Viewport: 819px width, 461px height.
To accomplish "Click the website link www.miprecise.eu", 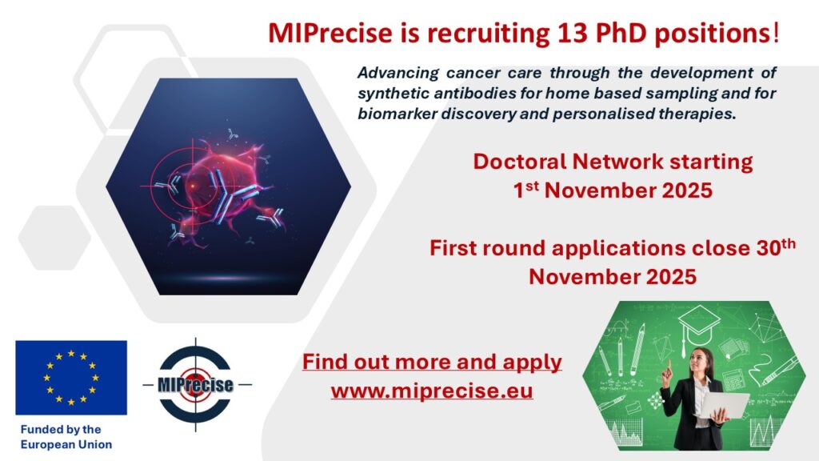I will click(432, 392).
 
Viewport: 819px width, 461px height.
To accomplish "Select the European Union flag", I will click(71, 377).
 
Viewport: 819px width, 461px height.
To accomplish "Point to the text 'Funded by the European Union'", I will click(66, 437).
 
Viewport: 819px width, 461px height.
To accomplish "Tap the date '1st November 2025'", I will click(612, 191).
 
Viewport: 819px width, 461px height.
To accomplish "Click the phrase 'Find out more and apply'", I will click(432, 362).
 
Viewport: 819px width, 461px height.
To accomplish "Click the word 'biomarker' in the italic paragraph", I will click(394, 114).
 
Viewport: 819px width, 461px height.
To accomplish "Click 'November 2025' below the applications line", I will click(612, 277).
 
